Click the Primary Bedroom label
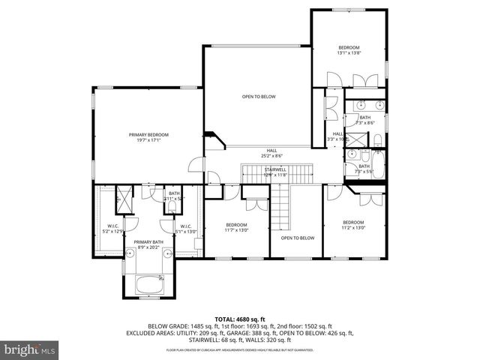click(148, 137)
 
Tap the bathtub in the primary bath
click(149, 285)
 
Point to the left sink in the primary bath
click(130, 253)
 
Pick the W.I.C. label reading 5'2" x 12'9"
click(112, 228)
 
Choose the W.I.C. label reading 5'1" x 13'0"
click(185, 228)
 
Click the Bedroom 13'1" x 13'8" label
click(349, 50)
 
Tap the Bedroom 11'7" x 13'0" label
click(236, 227)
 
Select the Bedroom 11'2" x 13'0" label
click(353, 225)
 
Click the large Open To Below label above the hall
click(258, 97)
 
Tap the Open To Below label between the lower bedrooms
click(297, 238)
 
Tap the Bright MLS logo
click(30, 349)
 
